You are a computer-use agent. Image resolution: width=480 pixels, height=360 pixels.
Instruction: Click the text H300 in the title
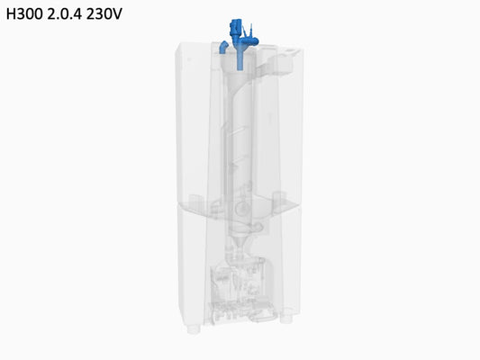24,13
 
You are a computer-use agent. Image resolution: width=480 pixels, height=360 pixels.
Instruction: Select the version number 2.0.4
65,13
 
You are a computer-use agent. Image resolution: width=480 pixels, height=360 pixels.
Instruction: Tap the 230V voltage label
104,13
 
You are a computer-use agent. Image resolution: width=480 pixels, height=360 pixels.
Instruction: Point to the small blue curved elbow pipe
223,47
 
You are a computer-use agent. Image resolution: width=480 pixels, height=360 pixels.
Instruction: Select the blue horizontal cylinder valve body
249,41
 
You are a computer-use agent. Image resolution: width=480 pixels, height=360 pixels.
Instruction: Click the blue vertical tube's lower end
240,69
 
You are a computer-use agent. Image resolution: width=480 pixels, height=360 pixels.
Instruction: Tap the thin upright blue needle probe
251,30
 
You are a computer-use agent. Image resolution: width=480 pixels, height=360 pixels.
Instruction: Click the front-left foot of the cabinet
194,329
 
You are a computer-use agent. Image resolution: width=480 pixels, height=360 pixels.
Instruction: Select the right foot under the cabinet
286,319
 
